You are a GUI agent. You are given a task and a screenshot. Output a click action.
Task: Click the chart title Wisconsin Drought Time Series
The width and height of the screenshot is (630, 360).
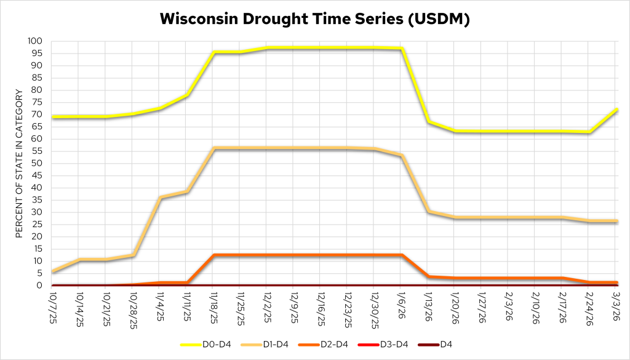click(315, 18)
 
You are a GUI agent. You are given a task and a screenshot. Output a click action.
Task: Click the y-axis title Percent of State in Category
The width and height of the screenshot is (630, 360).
click(19, 163)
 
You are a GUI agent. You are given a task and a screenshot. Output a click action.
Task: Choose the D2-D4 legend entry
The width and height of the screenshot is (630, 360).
click(345, 344)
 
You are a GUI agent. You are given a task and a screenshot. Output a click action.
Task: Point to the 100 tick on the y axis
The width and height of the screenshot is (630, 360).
click(36, 41)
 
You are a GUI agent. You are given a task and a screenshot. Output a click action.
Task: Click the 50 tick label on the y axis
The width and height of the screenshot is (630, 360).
click(38, 163)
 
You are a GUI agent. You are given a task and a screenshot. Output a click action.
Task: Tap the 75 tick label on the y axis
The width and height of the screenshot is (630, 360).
click(38, 102)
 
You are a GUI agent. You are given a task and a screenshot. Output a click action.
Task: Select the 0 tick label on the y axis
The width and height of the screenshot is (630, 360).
click(41, 286)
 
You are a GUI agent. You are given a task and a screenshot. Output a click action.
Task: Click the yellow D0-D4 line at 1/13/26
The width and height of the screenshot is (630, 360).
click(428, 122)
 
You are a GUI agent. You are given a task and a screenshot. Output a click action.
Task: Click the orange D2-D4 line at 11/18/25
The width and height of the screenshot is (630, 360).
click(213, 255)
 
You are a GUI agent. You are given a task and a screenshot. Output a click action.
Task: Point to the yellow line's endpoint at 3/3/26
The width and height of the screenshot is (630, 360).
click(616, 110)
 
